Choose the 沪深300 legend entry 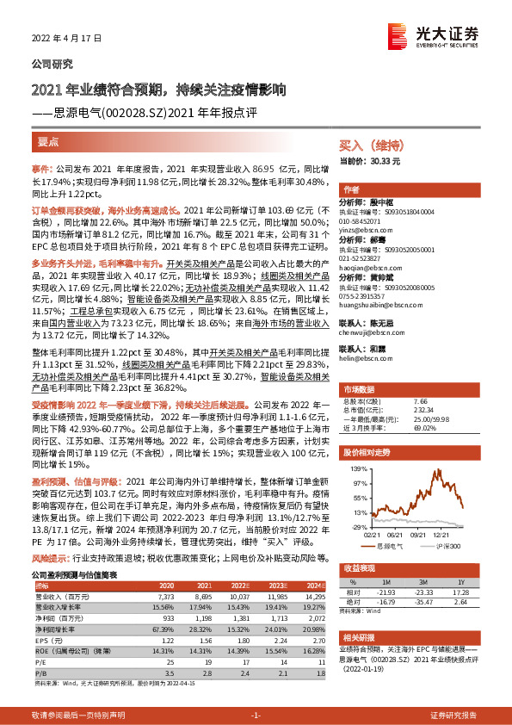click(x=448, y=545)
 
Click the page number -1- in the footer click(x=256, y=716)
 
